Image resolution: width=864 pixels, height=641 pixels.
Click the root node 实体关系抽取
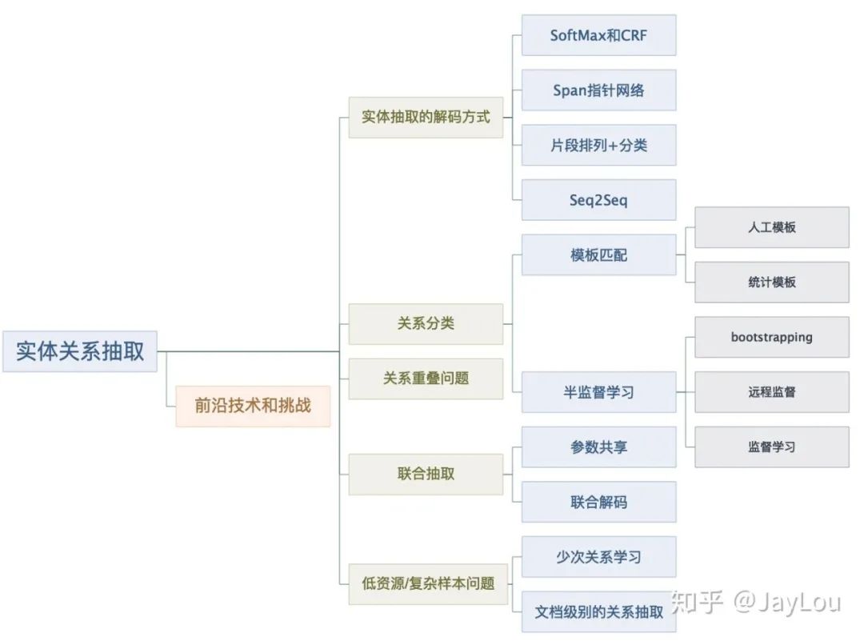pyautogui.click(x=80, y=351)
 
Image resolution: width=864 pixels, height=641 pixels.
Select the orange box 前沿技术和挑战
pyautogui.click(x=253, y=406)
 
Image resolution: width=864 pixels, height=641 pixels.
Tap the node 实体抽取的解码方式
pyautogui.click(x=426, y=117)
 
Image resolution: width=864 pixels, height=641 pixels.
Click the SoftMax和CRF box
pyautogui.click(x=598, y=35)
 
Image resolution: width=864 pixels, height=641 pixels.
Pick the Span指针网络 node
pyautogui.click(x=598, y=90)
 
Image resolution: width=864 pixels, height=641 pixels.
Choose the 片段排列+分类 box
pyautogui.click(x=598, y=145)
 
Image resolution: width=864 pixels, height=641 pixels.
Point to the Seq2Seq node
pyautogui.click(x=598, y=200)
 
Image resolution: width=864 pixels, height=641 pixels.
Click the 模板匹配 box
pyautogui.click(x=598, y=255)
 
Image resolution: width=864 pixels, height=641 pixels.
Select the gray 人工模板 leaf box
pyautogui.click(x=771, y=227)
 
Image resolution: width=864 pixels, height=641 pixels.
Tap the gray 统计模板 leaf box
pyautogui.click(x=771, y=282)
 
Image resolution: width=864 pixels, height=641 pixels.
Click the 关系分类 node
pyautogui.click(x=426, y=323)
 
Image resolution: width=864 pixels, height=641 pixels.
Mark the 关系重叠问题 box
pyautogui.click(x=426, y=379)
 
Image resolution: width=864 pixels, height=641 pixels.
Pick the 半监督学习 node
pyautogui.click(x=598, y=392)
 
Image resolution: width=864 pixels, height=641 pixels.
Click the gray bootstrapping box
pyautogui.click(x=771, y=337)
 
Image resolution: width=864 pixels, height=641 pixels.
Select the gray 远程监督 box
pyautogui.click(x=771, y=392)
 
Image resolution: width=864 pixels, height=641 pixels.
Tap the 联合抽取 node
pyautogui.click(x=426, y=474)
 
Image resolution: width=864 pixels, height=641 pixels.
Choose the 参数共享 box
pyautogui.click(x=598, y=447)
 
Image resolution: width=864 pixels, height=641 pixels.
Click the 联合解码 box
pyautogui.click(x=598, y=502)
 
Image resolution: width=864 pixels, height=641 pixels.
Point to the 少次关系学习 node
pyautogui.click(x=598, y=557)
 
